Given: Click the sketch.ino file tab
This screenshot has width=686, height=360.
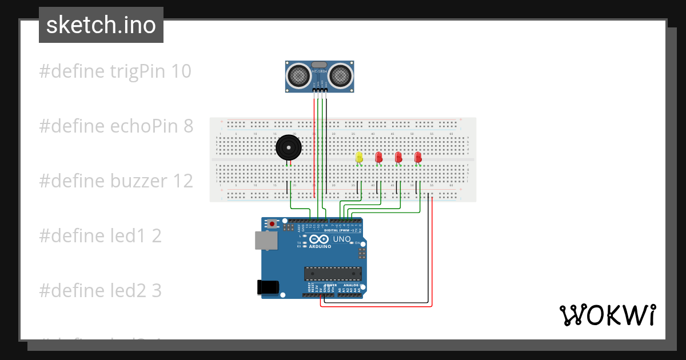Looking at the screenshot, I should point(101,25).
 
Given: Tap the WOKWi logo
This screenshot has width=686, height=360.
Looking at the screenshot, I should point(607,315).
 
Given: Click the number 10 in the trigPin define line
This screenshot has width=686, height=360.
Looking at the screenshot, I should point(181,71).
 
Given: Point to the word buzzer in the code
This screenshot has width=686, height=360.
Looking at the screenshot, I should point(139,181).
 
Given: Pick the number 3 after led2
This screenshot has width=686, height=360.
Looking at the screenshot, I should point(157,291).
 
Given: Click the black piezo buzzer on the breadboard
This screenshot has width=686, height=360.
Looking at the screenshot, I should point(288,147).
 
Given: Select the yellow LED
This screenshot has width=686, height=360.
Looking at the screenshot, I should point(359,157).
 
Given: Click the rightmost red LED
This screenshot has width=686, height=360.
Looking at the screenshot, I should point(418,157).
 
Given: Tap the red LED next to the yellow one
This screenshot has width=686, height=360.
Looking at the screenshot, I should point(378,157).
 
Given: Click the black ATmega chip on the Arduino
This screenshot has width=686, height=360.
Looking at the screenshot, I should point(333,274).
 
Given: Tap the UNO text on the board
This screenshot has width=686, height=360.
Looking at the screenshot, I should point(342,239).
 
